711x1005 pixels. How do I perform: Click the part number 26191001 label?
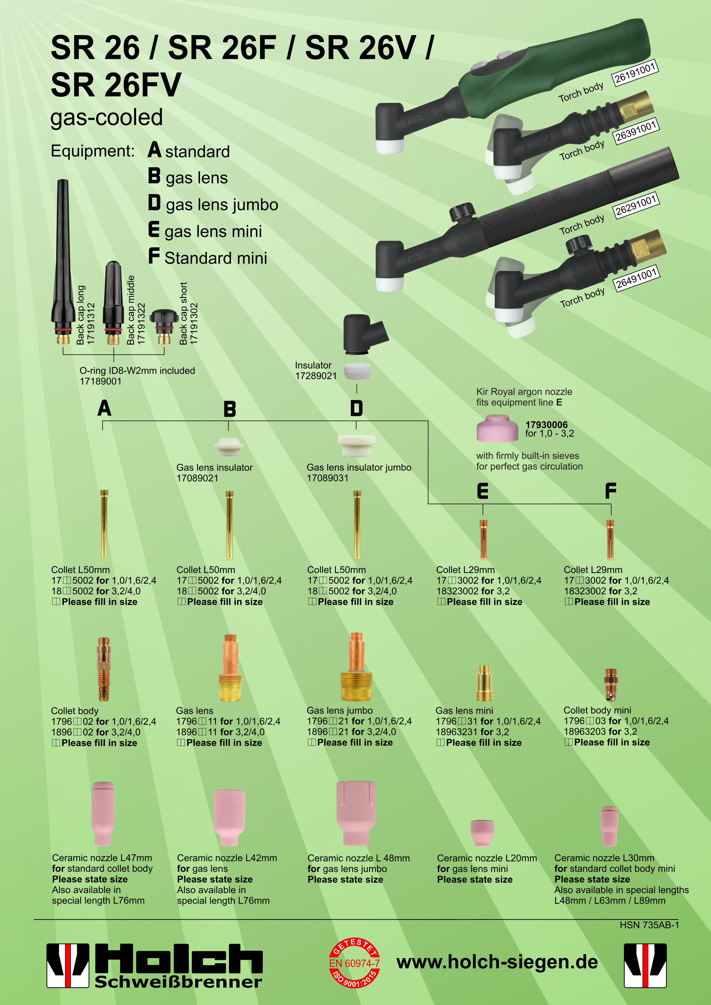634,73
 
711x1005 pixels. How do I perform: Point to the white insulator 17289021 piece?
357,372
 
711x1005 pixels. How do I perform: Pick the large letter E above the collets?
483,491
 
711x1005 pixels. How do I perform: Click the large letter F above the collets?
611,491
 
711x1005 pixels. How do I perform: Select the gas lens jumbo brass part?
357,667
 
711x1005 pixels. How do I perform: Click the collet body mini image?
611,684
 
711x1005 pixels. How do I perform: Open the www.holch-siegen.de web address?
497,962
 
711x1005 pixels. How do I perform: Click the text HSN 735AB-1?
649,924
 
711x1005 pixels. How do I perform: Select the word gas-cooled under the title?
106,117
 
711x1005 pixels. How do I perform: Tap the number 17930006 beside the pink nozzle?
547,425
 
